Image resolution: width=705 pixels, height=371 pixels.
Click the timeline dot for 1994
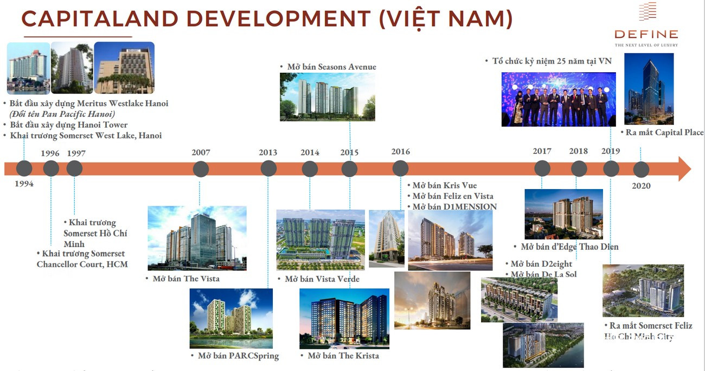(x=24, y=168)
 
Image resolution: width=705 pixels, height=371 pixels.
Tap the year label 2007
(x=201, y=153)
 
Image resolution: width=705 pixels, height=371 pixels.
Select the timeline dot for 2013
(x=268, y=168)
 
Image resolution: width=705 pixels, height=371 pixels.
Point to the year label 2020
(x=641, y=186)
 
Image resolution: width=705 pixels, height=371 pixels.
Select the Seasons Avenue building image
(x=328, y=97)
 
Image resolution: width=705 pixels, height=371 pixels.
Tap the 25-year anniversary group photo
(x=559, y=99)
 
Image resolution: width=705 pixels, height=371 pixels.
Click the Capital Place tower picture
(x=649, y=89)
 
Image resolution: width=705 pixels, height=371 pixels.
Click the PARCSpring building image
(x=231, y=318)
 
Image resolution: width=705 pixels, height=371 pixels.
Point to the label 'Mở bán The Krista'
(x=343, y=356)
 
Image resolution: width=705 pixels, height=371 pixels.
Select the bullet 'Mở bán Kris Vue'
(x=444, y=186)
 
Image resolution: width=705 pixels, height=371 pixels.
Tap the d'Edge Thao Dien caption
(x=569, y=247)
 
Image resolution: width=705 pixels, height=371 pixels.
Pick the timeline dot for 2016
(x=401, y=168)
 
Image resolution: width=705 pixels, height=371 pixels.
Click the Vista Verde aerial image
(x=321, y=240)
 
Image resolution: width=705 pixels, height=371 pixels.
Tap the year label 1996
(x=50, y=153)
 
